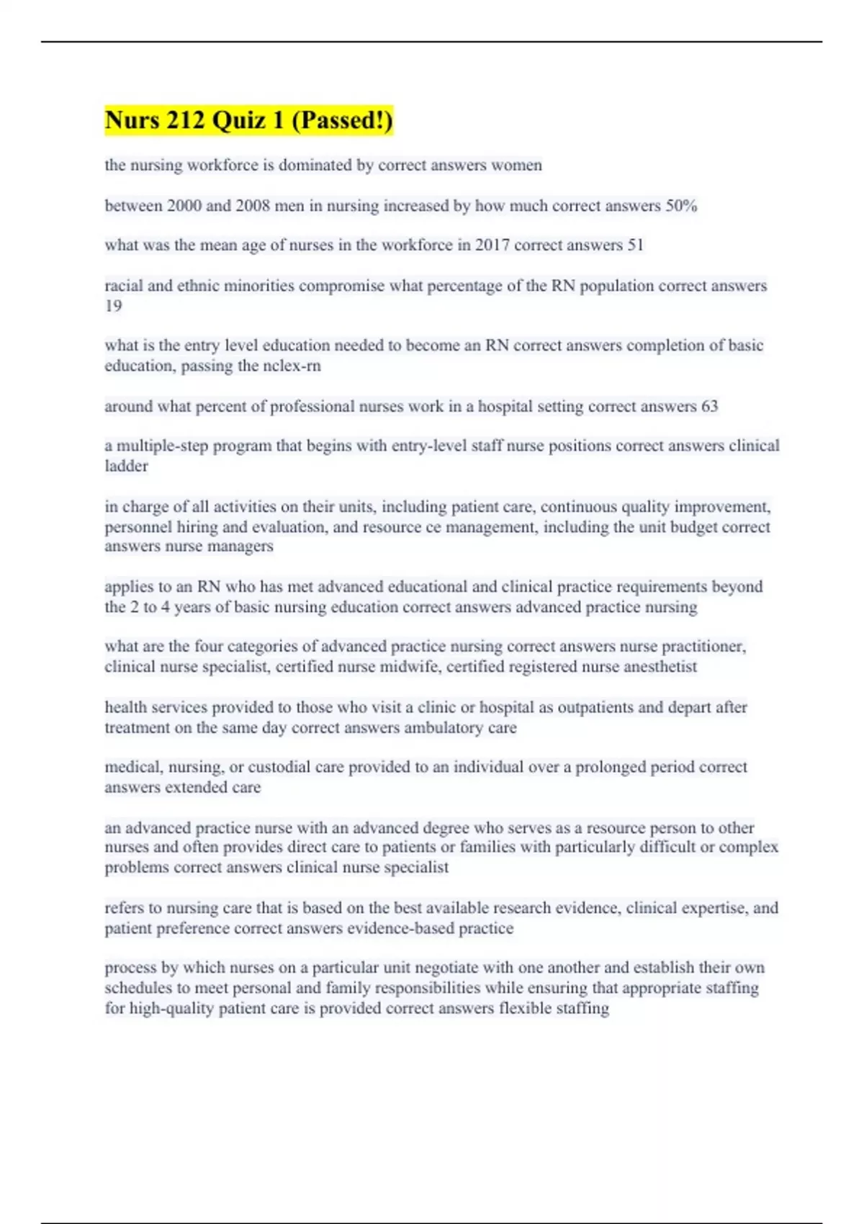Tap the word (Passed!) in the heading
(x=342, y=120)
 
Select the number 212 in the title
(x=186, y=120)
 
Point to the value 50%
(x=681, y=206)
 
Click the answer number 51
(x=635, y=246)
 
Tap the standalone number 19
(x=113, y=306)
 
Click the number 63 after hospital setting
(x=709, y=407)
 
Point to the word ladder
(x=126, y=467)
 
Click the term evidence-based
(x=400, y=929)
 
